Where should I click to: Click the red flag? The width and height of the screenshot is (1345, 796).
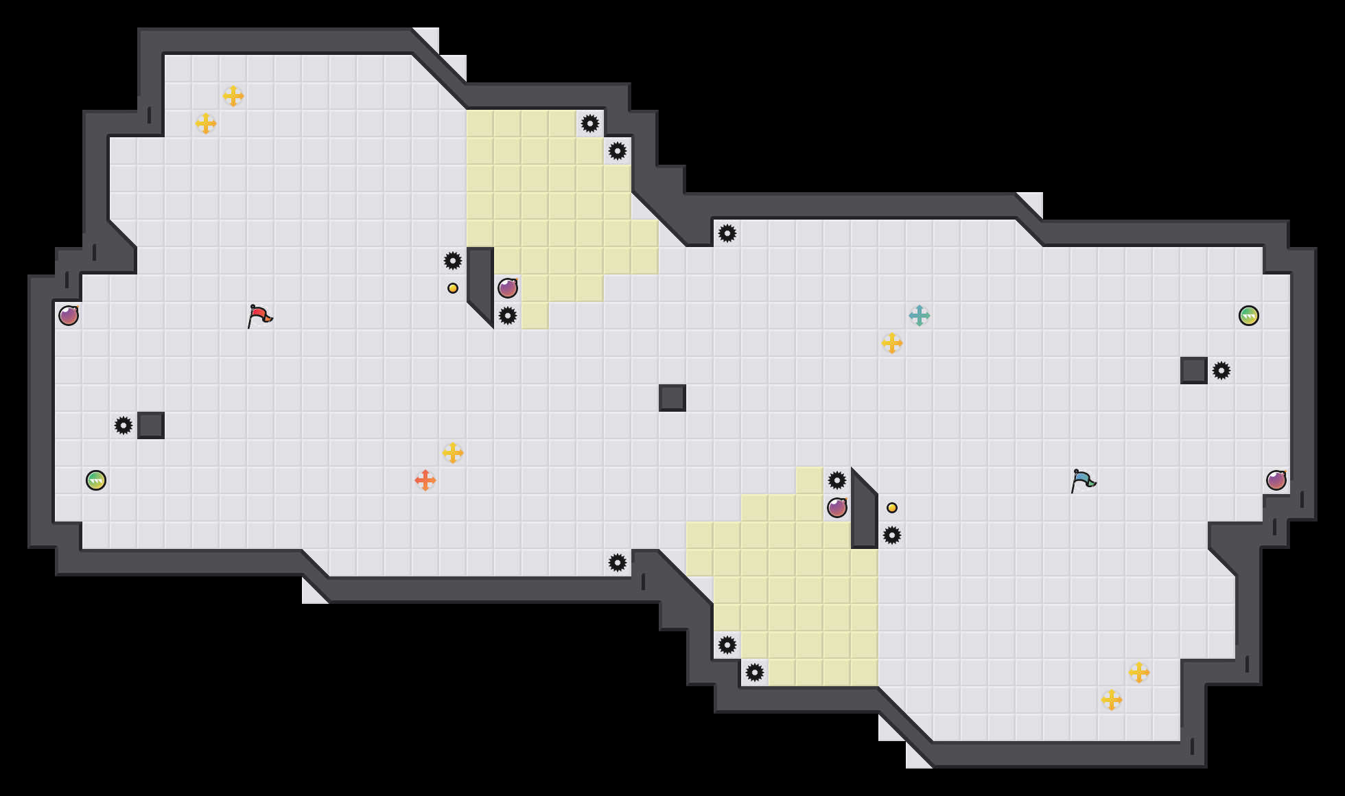pos(259,316)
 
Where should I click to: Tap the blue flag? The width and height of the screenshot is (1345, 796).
pos(1082,480)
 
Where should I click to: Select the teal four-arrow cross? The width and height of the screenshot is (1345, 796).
pos(919,316)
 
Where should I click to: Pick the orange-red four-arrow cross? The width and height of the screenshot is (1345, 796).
pos(425,480)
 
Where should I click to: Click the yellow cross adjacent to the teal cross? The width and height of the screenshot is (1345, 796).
pos(891,343)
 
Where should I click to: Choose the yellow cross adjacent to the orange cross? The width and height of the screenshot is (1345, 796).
pos(453,453)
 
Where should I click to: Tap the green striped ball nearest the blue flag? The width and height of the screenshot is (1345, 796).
pos(1248,316)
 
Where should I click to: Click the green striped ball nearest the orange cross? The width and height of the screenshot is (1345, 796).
pos(96,480)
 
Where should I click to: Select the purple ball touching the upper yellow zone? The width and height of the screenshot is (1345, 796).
pos(508,288)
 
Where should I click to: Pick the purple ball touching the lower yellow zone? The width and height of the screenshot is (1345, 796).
pos(837,508)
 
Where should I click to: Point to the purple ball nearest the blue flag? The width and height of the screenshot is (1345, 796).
pos(1276,480)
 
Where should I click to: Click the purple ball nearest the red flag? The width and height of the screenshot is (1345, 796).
pos(69,316)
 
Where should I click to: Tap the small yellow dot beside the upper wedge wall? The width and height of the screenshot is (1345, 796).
pos(453,288)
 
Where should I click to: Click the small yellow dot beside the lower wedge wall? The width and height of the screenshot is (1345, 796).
pos(892,508)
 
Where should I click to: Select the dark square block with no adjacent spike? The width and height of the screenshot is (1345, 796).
pos(672,398)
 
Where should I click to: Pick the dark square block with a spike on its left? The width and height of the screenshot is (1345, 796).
pos(151,425)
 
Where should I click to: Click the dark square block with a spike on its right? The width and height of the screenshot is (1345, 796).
pos(1194,371)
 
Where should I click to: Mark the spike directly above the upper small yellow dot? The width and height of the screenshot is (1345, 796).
pos(453,261)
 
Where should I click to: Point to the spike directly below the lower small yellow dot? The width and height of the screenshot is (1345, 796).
pos(892,535)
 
